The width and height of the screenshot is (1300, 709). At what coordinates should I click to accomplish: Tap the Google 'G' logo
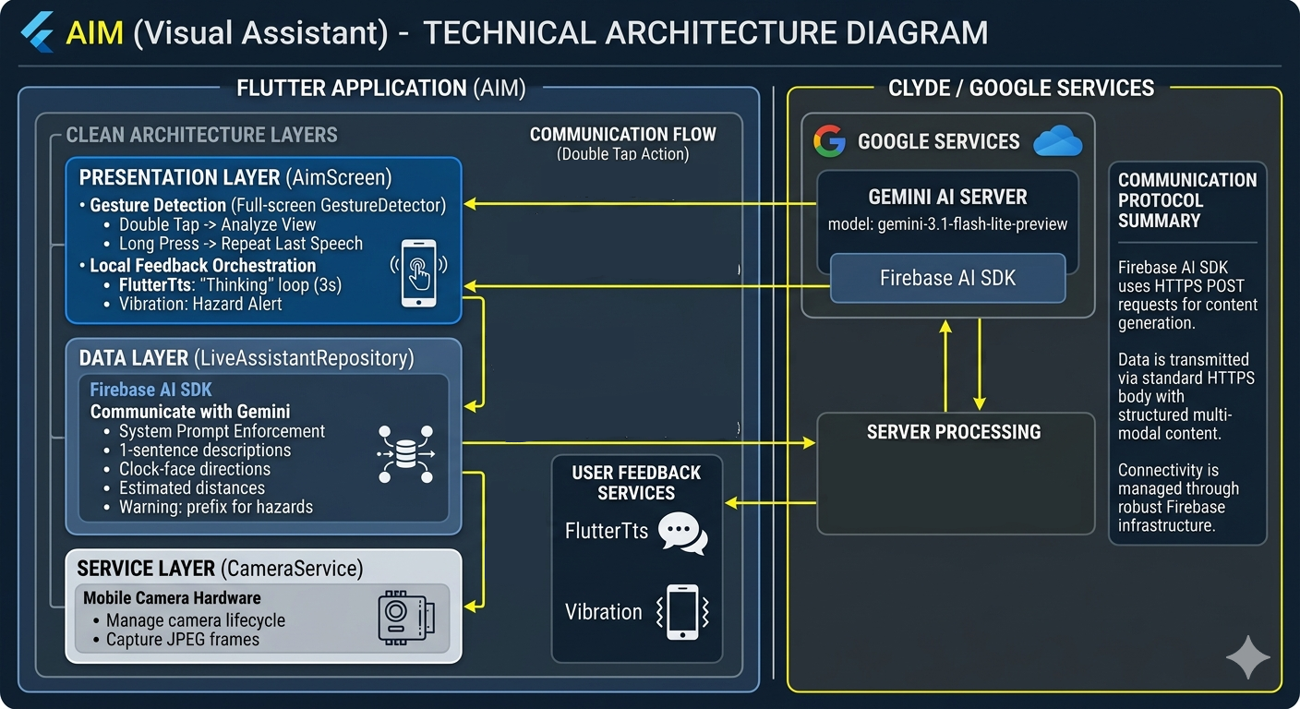click(829, 141)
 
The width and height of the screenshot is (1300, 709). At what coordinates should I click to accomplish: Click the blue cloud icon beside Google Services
click(1057, 141)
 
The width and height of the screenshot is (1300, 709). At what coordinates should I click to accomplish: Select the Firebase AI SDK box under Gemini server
click(947, 278)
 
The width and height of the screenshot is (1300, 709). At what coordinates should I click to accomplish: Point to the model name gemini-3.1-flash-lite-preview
click(947, 224)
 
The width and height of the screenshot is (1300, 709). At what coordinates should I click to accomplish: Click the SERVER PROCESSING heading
click(953, 432)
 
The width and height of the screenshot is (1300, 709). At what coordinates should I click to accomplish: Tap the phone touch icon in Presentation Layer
click(419, 272)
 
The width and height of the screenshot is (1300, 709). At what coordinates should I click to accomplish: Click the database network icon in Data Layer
click(405, 454)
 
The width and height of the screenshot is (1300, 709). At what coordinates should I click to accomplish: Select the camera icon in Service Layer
click(405, 616)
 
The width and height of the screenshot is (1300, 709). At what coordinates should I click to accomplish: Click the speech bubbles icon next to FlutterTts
click(682, 533)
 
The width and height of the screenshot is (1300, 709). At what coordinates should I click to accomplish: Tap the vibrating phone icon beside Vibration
click(681, 612)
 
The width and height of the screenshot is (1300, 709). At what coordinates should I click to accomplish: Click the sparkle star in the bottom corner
click(1247, 657)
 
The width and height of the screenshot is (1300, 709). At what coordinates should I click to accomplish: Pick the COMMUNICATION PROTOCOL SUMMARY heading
click(1186, 200)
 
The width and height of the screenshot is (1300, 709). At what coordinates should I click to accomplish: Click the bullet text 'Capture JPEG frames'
click(183, 640)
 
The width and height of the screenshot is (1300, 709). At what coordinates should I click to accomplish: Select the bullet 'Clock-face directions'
click(194, 469)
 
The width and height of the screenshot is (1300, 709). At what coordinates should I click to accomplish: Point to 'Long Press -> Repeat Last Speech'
click(240, 244)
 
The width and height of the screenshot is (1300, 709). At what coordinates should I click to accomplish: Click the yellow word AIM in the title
click(95, 32)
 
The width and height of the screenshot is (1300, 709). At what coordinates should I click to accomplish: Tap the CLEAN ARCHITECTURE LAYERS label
click(201, 136)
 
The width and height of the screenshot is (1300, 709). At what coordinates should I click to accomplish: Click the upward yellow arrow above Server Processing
click(945, 366)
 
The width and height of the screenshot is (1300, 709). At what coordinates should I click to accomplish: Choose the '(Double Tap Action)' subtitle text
click(622, 154)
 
